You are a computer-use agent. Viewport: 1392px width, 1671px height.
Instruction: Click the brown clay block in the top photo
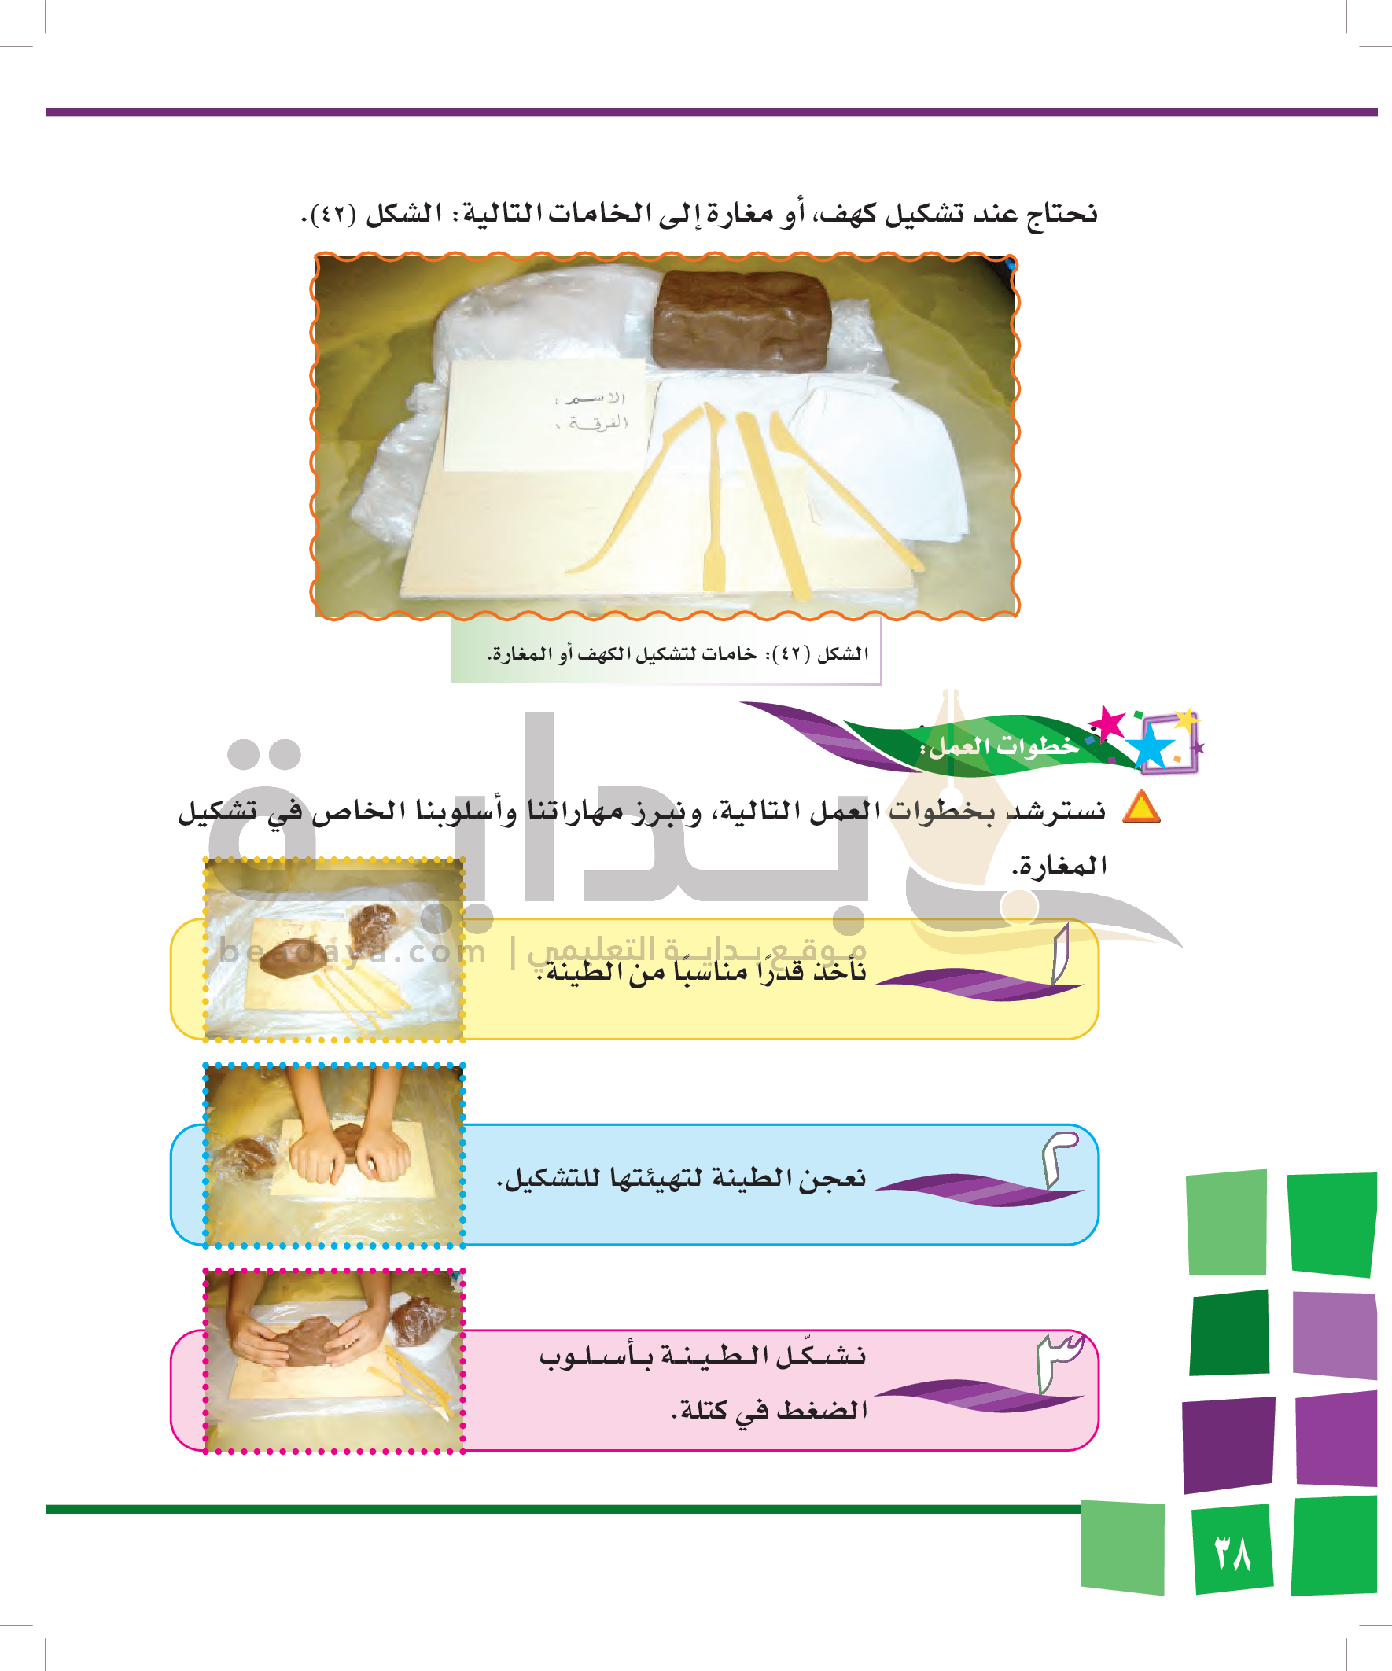click(741, 321)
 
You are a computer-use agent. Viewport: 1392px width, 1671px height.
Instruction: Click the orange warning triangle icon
click(1140, 806)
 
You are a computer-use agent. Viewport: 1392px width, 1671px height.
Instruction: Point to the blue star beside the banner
click(1151, 746)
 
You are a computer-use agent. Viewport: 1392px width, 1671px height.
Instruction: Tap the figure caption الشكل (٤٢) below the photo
click(677, 654)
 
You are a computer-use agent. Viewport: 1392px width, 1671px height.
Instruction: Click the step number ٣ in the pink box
click(1059, 1361)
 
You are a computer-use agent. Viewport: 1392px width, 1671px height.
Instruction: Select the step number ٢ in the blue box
click(1059, 1160)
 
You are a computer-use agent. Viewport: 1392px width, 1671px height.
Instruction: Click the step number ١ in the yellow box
click(1060, 954)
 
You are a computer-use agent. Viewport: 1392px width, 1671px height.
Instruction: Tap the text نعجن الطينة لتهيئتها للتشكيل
click(681, 1178)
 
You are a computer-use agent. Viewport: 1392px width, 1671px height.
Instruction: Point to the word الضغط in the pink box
click(822, 1410)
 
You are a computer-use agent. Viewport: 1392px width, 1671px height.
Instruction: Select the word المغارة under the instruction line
click(1059, 866)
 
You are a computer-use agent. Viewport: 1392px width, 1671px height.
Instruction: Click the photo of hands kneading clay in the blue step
click(334, 1155)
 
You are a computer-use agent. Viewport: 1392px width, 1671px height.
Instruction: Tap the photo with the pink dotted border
click(334, 1361)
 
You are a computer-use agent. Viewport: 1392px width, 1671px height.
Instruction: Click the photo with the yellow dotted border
click(334, 950)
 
